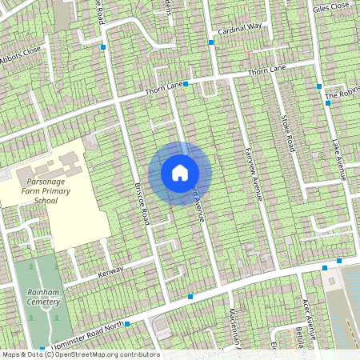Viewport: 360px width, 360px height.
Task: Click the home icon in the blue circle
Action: click(x=180, y=173)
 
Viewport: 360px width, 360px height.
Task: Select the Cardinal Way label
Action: click(x=240, y=26)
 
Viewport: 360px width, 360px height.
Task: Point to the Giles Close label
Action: click(x=331, y=7)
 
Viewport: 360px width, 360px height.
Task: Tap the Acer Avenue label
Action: click(x=306, y=313)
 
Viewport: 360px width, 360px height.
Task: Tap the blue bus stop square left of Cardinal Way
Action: click(x=212, y=42)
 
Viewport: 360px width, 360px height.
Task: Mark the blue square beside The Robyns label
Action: click(x=328, y=103)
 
